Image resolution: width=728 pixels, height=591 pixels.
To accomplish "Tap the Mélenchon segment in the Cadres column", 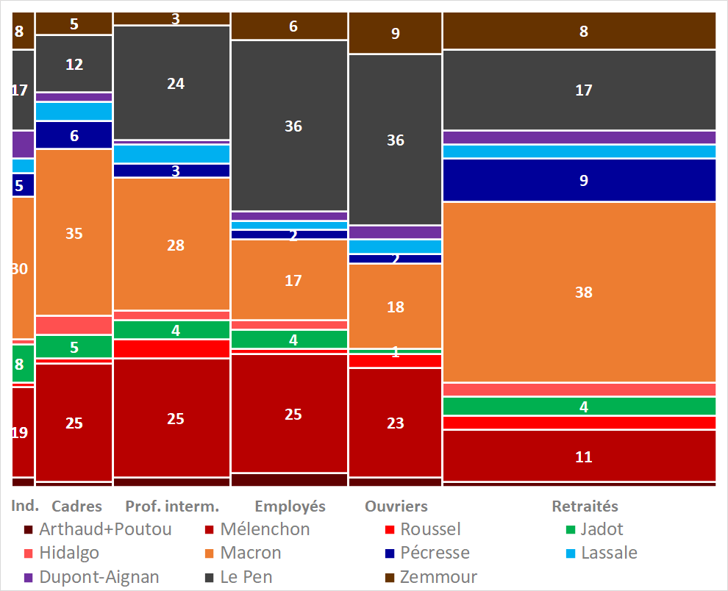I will [74, 423].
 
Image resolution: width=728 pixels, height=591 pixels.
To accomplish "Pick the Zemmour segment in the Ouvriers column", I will [395, 33].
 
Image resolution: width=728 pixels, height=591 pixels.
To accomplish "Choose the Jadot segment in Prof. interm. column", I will [171, 330].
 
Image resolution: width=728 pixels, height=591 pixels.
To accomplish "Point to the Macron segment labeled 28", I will [171, 245].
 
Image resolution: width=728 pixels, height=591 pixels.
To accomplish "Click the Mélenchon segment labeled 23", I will [395, 423].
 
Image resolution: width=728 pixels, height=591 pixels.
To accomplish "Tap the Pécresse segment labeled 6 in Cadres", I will [74, 135].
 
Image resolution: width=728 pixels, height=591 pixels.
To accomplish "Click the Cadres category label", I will [76, 506].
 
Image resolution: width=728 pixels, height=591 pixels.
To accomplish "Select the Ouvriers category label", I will [396, 506].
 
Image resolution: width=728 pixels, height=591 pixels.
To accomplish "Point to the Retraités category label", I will [585, 506].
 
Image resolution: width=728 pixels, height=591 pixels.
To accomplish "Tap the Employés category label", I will [290, 506].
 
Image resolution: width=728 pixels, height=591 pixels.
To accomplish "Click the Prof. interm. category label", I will [172, 506].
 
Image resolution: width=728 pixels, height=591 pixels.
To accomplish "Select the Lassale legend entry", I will [609, 553].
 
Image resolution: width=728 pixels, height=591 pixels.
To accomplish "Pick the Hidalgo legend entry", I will [69, 553].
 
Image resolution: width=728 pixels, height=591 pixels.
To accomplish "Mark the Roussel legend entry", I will [429, 529].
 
